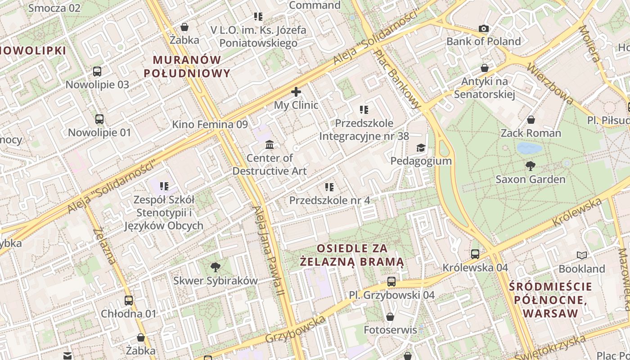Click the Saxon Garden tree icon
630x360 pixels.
pos(531,166)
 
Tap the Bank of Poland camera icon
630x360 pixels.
pos(484,29)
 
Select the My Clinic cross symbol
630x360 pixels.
pos(296,92)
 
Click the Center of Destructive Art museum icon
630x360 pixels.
pos(270,144)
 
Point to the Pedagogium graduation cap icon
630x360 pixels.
pos(421,148)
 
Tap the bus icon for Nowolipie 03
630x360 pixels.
pos(97,71)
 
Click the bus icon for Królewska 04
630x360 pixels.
pos(475,254)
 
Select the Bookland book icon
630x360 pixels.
pos(582,255)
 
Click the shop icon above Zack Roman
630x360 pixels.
pos(531,120)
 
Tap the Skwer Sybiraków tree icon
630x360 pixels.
pos(216,267)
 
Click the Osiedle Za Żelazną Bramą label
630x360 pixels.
pos(352,255)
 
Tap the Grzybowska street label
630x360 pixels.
pos(295,329)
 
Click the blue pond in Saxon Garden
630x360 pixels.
pos(529,148)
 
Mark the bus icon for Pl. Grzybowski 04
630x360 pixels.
pos(391,282)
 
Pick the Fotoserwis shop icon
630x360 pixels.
pos(390,317)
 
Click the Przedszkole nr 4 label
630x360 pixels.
pos(329,200)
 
